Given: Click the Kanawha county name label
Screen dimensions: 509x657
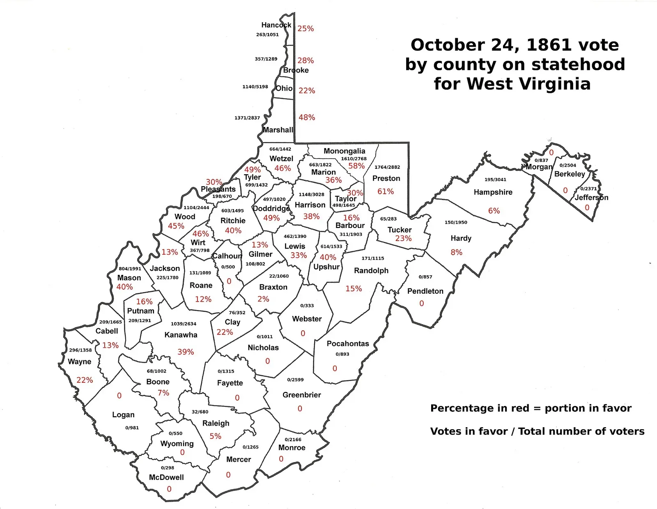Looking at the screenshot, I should click(x=181, y=335).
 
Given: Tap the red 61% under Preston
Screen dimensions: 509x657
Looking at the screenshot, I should click(x=386, y=191).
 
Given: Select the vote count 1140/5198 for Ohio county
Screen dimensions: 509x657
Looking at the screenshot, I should click(x=255, y=87).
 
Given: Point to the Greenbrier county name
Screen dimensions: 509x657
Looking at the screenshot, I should click(x=301, y=395).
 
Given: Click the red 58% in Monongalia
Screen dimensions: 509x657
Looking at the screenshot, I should click(x=356, y=166).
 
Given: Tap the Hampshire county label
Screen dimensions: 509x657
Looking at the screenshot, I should click(x=493, y=192).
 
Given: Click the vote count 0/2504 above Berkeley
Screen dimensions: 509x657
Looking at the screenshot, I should click(x=567, y=165).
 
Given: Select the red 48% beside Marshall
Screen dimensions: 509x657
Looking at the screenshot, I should click(x=307, y=117).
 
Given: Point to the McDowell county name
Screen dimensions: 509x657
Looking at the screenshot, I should click(x=166, y=477).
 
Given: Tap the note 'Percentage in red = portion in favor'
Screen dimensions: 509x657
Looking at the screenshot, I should click(x=531, y=408).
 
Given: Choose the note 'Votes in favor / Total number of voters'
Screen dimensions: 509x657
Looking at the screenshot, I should click(x=537, y=431).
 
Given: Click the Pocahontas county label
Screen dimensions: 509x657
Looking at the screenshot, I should click(x=348, y=343).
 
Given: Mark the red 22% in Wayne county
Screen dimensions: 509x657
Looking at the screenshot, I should click(x=85, y=380).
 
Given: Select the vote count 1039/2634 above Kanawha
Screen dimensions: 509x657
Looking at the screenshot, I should click(x=184, y=324).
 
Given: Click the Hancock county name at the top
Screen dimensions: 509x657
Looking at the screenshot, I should click(x=276, y=25).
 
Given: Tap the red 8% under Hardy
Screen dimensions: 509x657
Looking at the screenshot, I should click(x=456, y=252).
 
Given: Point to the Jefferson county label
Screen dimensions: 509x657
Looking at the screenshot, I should click(x=591, y=197).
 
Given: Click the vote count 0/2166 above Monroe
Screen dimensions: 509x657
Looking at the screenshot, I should click(x=293, y=440).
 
